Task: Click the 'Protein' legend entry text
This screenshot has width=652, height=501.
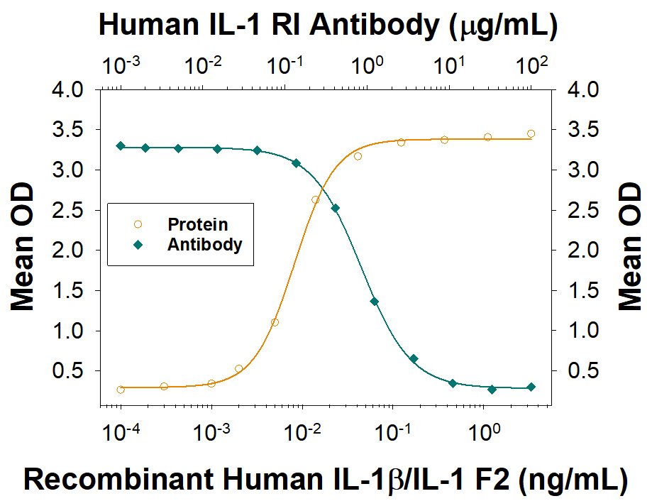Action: click(x=197, y=225)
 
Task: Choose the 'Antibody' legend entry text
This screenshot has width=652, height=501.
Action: click(x=204, y=245)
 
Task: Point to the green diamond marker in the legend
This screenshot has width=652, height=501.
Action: click(x=138, y=246)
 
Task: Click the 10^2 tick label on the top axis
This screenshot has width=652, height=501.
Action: click(x=531, y=67)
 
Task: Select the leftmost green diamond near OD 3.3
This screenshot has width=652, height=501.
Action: click(x=121, y=145)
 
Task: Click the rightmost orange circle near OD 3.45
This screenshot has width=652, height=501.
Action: click(x=531, y=133)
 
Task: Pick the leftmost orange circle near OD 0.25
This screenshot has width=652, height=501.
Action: click(x=121, y=390)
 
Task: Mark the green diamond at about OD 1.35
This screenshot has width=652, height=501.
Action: click(x=375, y=302)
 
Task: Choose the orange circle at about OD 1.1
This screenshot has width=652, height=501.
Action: click(x=275, y=322)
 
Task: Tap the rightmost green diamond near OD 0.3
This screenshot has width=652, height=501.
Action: click(x=531, y=387)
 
